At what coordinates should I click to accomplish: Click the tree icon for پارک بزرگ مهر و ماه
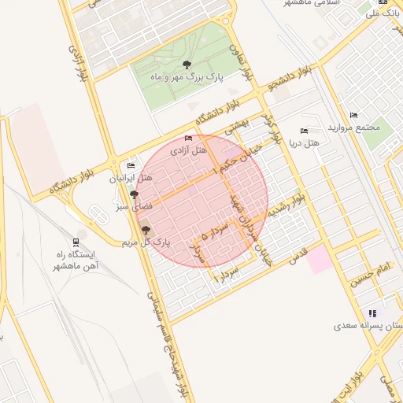point(187,65)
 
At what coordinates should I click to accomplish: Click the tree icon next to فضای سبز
point(135,194)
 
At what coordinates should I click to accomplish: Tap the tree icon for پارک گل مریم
point(145,229)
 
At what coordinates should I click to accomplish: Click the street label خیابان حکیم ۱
point(236,159)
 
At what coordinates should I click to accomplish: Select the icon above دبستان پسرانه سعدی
point(372,312)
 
